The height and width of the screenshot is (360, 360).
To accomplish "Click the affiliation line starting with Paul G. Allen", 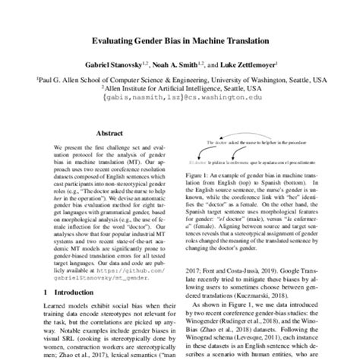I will [181, 78].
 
